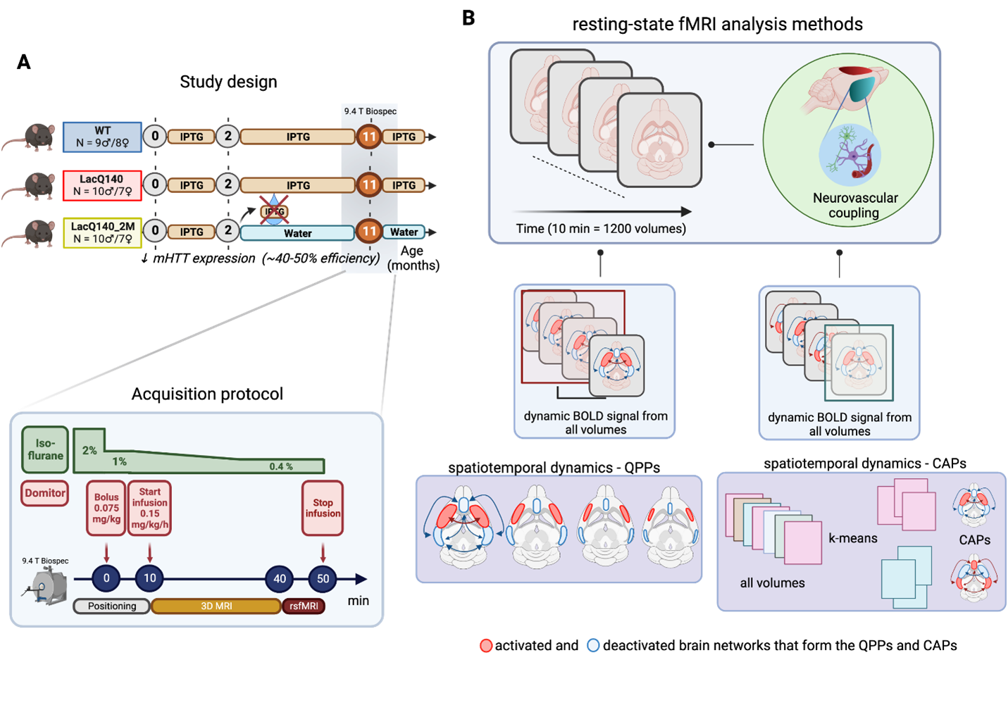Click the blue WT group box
click(102, 137)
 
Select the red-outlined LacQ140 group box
click(102, 185)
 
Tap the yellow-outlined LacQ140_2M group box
click(102, 233)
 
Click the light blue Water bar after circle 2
click(297, 233)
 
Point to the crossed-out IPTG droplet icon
click(274, 211)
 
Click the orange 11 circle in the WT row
click(369, 137)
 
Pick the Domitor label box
click(45, 493)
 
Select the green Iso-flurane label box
click(45, 449)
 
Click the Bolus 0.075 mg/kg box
click(106, 508)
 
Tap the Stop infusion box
click(323, 508)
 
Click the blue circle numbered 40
click(280, 579)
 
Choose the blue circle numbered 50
click(323, 579)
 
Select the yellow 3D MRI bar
click(216, 606)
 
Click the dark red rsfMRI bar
click(304, 606)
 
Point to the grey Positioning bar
click(112, 606)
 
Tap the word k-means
click(853, 538)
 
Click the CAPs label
click(975, 540)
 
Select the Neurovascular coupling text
click(855, 206)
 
